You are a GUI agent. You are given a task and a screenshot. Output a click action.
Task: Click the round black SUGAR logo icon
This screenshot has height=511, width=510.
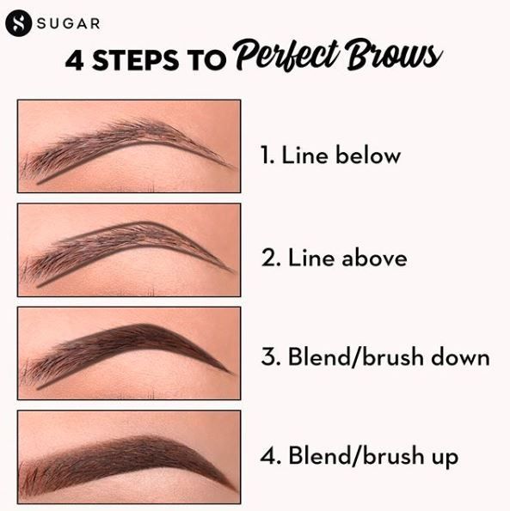coord(18,23)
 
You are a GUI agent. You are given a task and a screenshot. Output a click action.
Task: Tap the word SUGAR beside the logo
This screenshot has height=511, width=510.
coord(68,23)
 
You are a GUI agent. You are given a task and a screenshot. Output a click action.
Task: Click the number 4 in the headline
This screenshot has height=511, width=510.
coord(75,61)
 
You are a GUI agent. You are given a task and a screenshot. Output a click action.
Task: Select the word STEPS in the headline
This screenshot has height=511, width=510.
coord(135,61)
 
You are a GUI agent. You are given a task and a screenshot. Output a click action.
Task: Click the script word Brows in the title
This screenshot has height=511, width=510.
coord(394,54)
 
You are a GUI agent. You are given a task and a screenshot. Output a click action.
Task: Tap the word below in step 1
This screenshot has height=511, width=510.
coord(368,155)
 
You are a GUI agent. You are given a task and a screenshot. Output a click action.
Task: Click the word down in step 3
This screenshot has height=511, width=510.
coord(460,356)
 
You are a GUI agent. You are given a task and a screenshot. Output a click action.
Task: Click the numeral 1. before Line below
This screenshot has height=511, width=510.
coord(267,155)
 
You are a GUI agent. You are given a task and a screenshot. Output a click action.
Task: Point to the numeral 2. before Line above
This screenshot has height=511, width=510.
coord(271,259)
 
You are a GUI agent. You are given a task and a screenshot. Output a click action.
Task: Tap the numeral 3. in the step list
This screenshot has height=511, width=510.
coord(271,356)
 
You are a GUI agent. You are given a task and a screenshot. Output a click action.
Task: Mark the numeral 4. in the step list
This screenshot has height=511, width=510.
coord(271,455)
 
